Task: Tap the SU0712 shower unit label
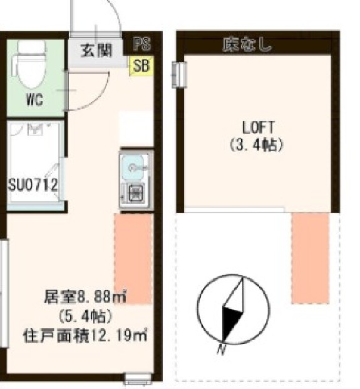pos(33,185)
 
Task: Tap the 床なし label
pos(247,44)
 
